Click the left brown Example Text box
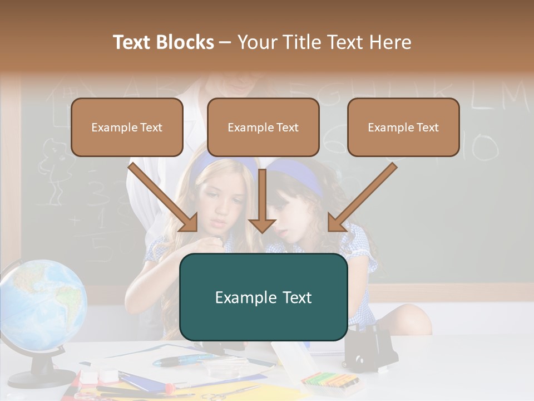tap(127, 127)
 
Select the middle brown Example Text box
tap(263, 127)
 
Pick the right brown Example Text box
tap(403, 127)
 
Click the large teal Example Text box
tap(263, 297)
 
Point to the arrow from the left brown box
tap(164, 198)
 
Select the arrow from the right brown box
tap(362, 198)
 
